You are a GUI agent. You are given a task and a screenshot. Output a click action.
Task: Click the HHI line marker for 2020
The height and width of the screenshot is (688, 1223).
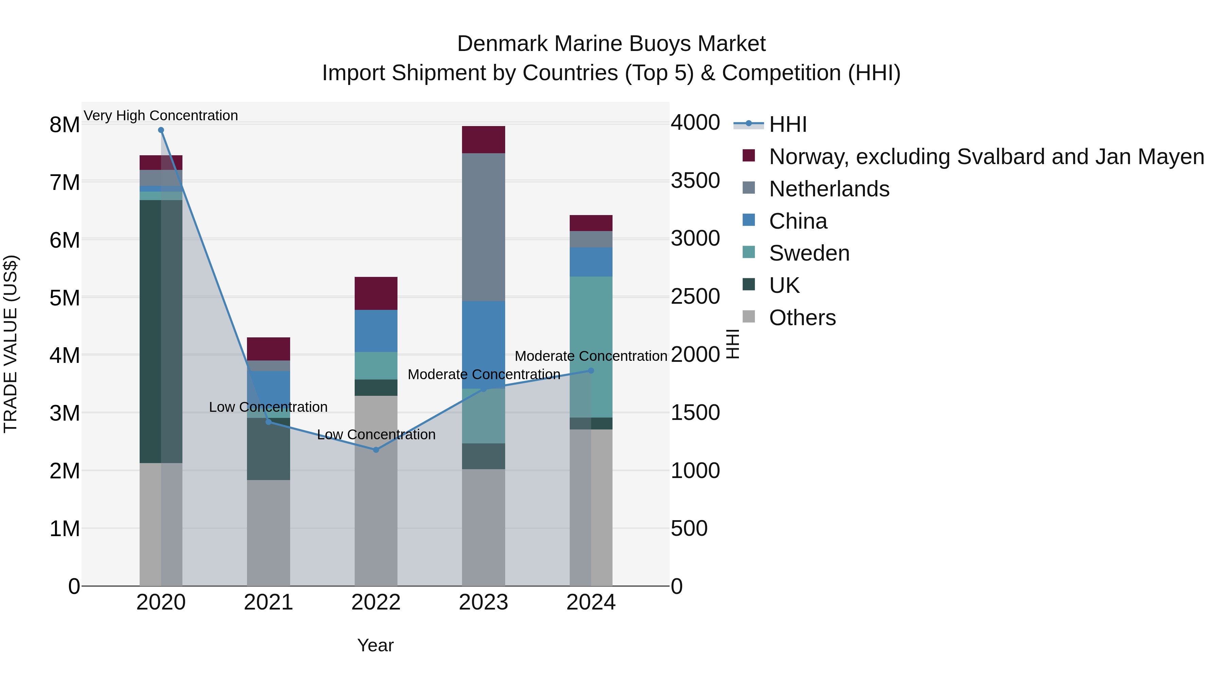(x=161, y=130)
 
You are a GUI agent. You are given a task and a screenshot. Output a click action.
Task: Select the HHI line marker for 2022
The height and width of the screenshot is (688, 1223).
(x=376, y=449)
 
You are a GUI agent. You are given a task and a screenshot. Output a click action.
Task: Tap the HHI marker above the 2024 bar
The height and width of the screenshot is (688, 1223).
(x=591, y=371)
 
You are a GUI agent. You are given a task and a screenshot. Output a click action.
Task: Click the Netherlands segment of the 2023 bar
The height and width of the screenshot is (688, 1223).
(x=483, y=227)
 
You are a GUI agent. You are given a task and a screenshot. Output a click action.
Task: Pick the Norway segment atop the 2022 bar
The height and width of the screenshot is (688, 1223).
(x=376, y=294)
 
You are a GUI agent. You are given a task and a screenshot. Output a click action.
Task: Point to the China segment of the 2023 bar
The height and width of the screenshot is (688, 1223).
(x=483, y=345)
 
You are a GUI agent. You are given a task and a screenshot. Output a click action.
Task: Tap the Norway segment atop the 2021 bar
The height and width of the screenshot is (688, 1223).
(x=268, y=349)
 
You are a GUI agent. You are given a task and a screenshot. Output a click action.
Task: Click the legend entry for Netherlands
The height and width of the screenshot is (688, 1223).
(x=829, y=189)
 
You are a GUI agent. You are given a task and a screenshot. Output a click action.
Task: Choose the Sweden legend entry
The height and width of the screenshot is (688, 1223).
(x=809, y=253)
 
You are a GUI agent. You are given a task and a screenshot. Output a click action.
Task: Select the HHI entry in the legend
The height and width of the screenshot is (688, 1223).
(x=787, y=124)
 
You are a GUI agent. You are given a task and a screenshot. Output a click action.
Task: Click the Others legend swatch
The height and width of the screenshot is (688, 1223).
(x=749, y=317)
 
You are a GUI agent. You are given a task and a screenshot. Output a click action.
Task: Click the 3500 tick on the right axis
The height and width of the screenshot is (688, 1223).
(x=695, y=181)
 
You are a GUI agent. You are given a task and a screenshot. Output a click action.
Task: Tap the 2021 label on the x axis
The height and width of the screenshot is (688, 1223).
(x=268, y=602)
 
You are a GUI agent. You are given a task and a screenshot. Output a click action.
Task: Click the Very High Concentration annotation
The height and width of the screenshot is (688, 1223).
(x=161, y=116)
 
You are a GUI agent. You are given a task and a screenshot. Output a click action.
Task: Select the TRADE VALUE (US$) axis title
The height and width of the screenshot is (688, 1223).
(x=11, y=344)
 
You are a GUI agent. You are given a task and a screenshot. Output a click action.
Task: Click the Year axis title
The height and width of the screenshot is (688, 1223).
(x=375, y=645)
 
